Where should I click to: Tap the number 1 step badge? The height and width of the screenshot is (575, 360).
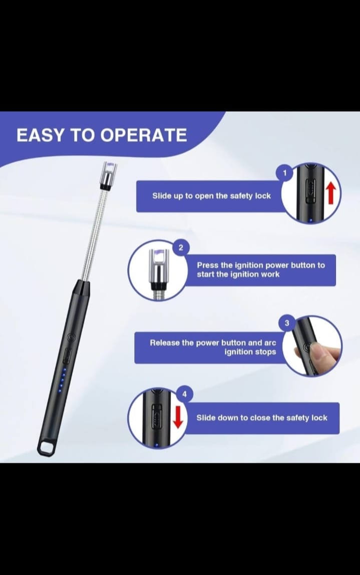click(285, 173)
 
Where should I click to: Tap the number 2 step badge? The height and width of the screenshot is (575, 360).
click(181, 248)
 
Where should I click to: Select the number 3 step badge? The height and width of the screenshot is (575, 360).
click(287, 323)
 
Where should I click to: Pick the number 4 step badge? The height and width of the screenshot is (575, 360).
click(184, 395)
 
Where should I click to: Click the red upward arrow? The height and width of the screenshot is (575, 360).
click(329, 193)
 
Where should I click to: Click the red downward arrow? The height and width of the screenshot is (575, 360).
click(177, 417)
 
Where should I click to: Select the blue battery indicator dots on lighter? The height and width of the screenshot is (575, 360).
click(62, 380)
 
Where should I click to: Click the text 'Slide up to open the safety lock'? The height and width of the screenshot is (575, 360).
click(211, 196)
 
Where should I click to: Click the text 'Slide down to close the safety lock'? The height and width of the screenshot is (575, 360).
click(261, 418)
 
